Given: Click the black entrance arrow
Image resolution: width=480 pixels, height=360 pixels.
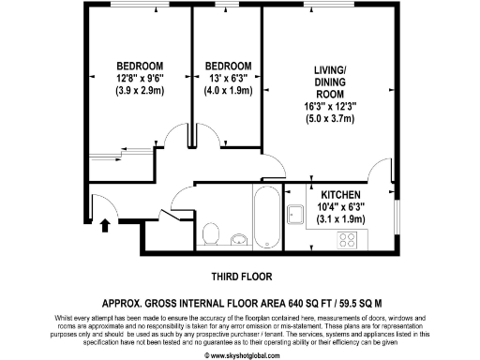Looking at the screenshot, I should click(x=104, y=225).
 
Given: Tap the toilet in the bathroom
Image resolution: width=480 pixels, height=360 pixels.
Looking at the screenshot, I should click(x=211, y=231).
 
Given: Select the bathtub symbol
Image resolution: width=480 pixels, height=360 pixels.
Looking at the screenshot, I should click(x=263, y=216).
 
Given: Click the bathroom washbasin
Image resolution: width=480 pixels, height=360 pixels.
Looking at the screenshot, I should click(x=238, y=238).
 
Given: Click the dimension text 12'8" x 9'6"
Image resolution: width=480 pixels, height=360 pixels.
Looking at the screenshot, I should click(x=140, y=78).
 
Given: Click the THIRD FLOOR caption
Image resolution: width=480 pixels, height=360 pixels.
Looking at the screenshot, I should click(x=239, y=277).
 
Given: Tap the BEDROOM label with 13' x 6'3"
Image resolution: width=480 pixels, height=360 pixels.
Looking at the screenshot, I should click(x=227, y=65).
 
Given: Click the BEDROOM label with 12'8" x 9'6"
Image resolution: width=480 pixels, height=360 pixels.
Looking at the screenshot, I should click(x=140, y=65).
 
